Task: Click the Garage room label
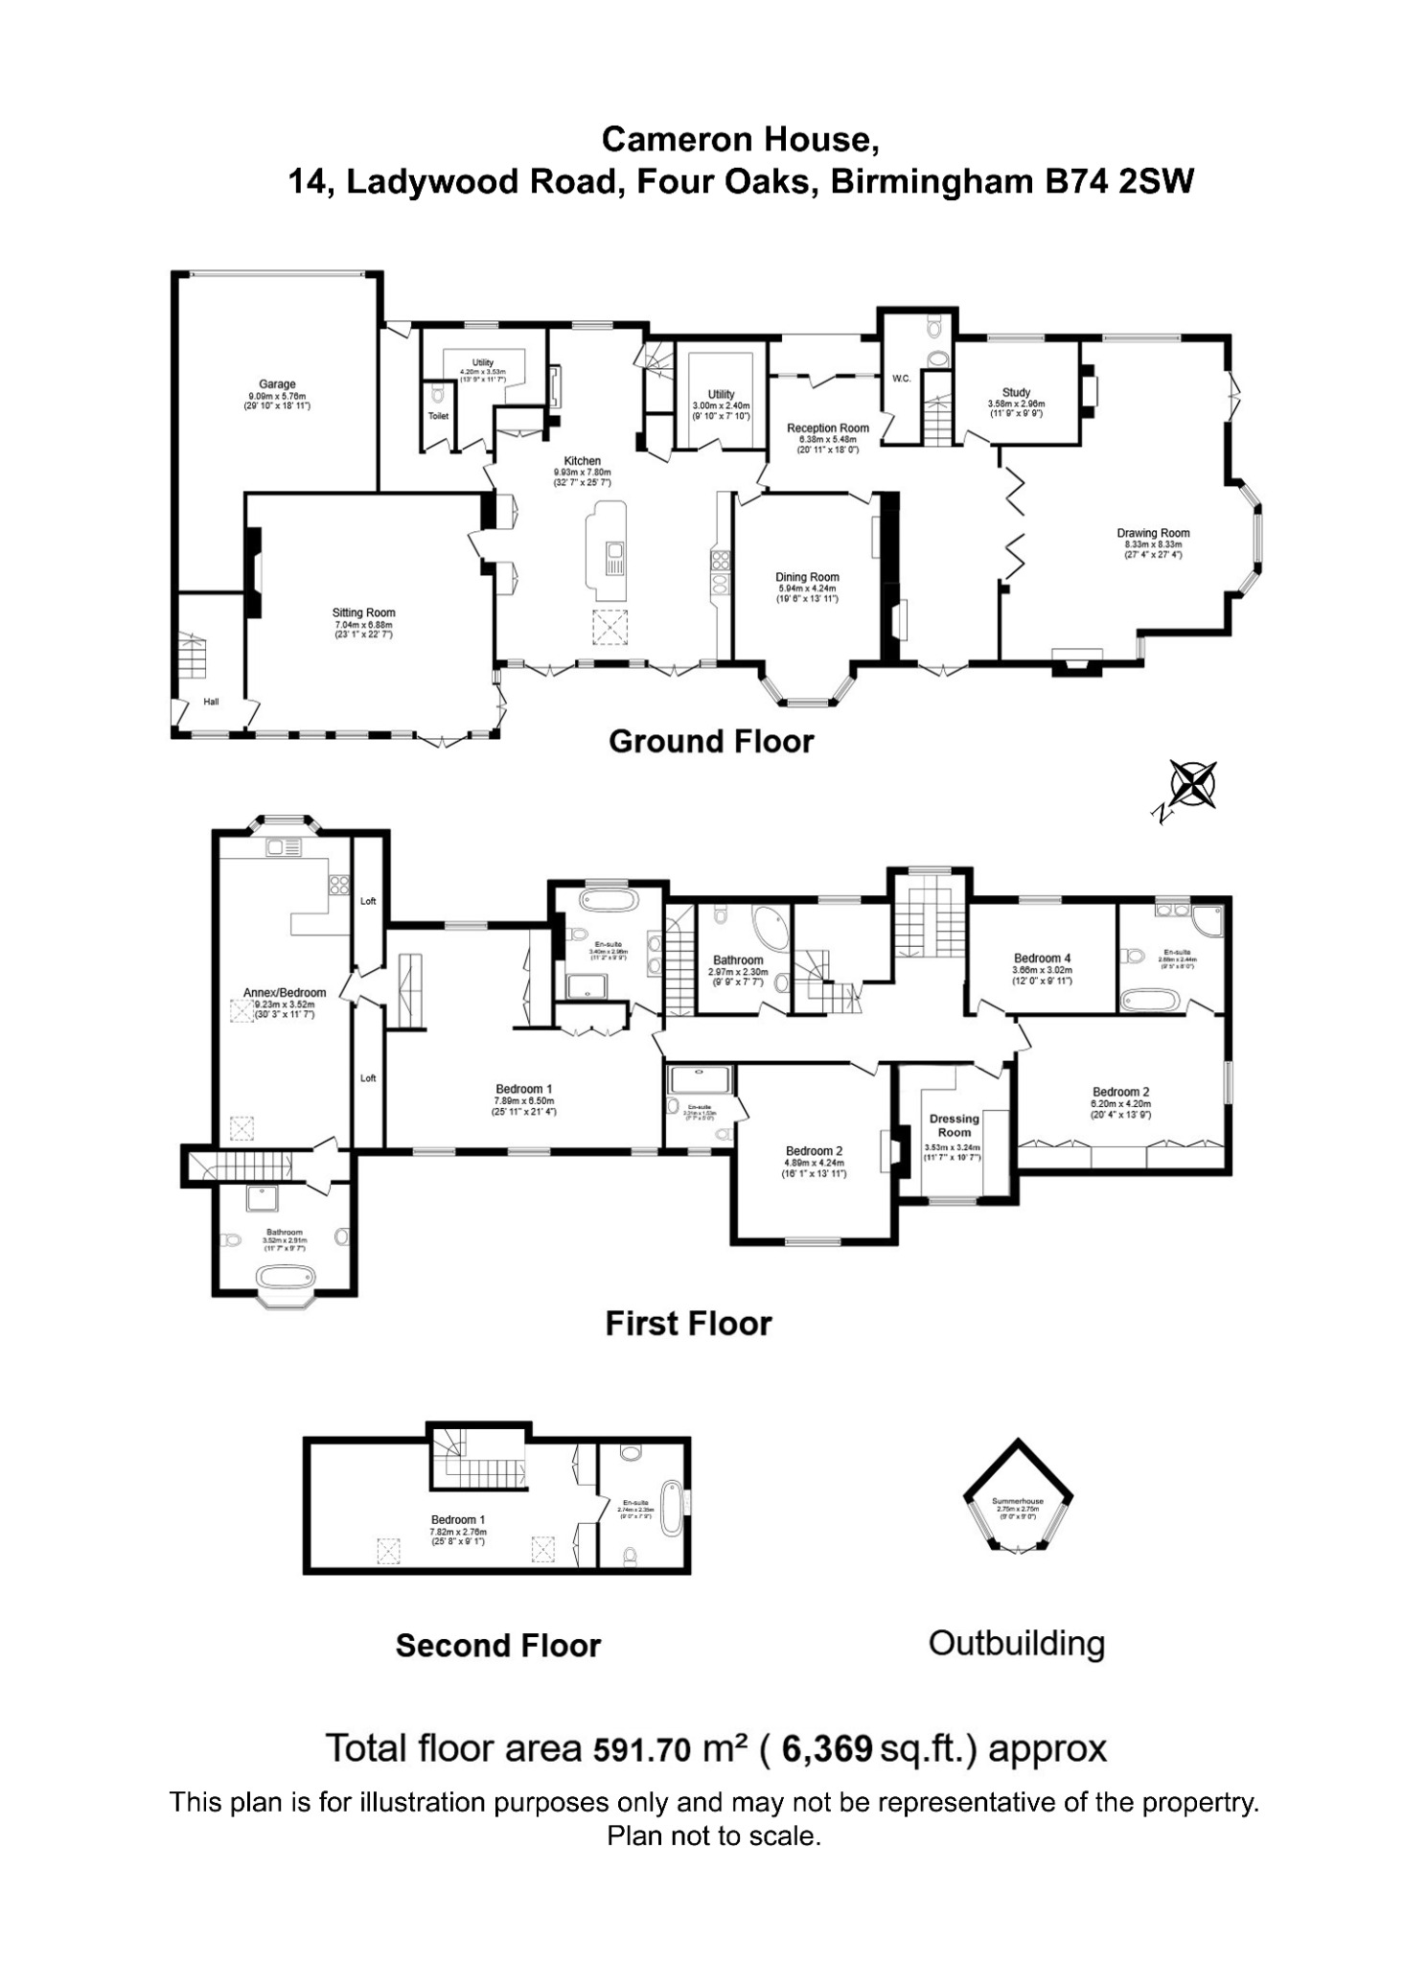[x=277, y=384]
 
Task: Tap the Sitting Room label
[x=363, y=612]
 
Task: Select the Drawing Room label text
[x=1153, y=534]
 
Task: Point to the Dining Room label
[x=807, y=577]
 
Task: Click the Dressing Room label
[x=954, y=1125]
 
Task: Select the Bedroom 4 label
[x=1042, y=958]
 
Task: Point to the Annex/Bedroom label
[x=285, y=992]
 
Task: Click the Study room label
[x=1016, y=392]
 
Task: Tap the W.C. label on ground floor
[x=902, y=379]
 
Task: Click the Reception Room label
[x=828, y=428]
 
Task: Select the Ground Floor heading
[x=711, y=741]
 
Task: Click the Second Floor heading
[x=497, y=1646]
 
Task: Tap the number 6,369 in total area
[x=827, y=1748]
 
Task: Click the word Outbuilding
[x=1016, y=1643]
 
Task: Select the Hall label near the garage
[x=211, y=702]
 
